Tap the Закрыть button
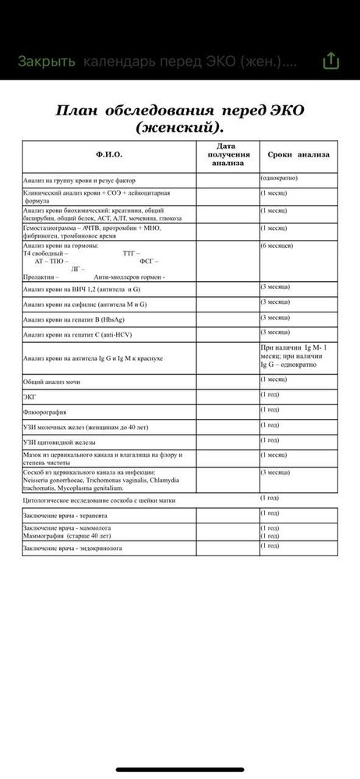47,61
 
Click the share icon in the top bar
331,61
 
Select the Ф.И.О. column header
109,155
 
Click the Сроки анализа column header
298,154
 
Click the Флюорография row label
44,412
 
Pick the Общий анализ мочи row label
51,382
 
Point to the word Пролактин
41,277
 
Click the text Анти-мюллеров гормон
129,277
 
